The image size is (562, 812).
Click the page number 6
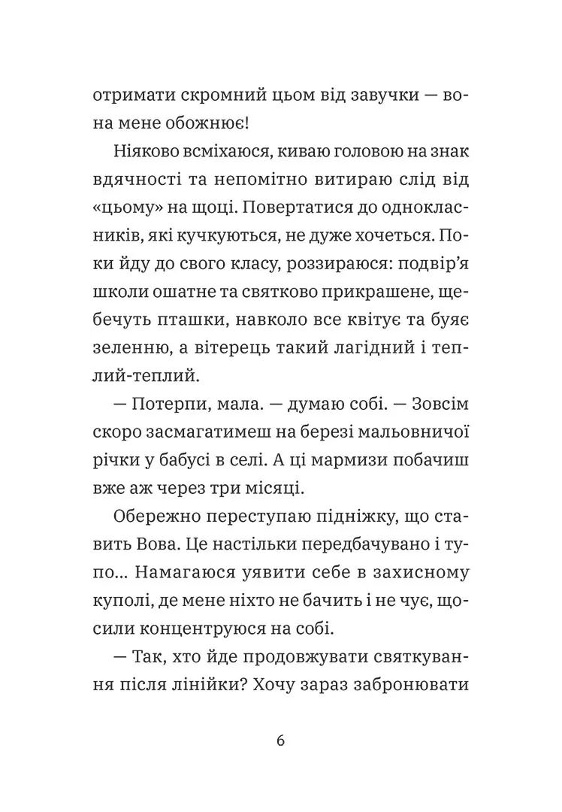(x=280, y=740)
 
